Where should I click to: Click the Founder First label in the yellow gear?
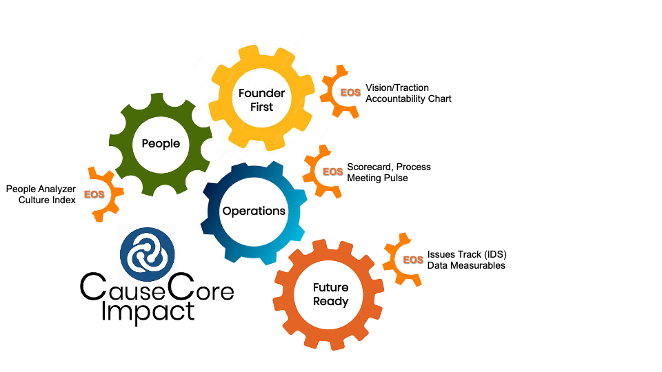coord(257,100)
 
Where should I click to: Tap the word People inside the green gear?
coord(161,144)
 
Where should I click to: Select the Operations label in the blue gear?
coord(254,211)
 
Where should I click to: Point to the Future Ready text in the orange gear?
coord(330,294)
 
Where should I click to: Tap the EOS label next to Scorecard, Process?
coord(332,172)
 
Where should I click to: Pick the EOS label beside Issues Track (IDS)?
coord(413,260)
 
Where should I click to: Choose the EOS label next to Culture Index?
coord(94,194)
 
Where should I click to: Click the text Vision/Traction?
coord(397,87)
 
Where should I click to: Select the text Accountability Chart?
coord(408,99)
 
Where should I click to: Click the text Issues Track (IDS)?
coord(467,254)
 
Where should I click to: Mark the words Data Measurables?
coord(466,265)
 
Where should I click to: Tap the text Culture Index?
coord(48,200)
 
